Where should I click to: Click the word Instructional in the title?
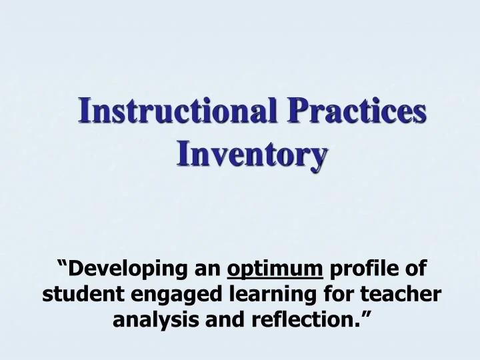point(173,111)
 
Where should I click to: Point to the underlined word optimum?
point(275,269)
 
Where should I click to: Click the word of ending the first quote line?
point(417,269)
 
